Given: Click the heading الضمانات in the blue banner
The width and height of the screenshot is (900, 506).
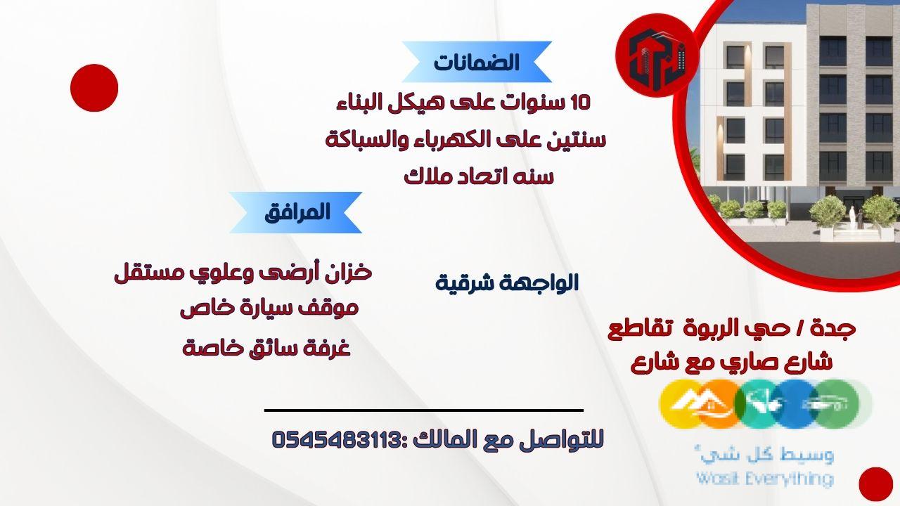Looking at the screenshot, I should pyautogui.click(x=477, y=63).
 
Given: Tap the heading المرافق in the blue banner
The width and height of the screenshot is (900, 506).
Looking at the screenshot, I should pyautogui.click(x=297, y=212).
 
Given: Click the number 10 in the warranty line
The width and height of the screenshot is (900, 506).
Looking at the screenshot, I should pyautogui.click(x=580, y=103).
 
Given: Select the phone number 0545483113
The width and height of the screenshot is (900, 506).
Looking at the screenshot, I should pyautogui.click(x=335, y=441).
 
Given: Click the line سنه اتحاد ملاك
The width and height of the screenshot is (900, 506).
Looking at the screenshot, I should pyautogui.click(x=479, y=176).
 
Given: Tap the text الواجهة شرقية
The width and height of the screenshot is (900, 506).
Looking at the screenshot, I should pyautogui.click(x=507, y=283).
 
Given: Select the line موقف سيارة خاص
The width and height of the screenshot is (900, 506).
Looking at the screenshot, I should pyautogui.click(x=269, y=308).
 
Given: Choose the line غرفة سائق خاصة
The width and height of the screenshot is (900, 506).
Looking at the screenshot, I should pyautogui.click(x=266, y=347).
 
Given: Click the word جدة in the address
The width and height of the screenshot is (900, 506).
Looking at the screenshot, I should pyautogui.click(x=839, y=328).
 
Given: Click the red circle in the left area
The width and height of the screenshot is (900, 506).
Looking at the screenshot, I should pyautogui.click(x=94, y=88).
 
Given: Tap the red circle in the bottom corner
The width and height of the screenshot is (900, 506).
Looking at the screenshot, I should pyautogui.click(x=875, y=484).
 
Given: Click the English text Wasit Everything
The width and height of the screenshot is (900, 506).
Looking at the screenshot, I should pyautogui.click(x=764, y=479).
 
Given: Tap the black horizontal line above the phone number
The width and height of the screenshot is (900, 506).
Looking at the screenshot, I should pyautogui.click(x=424, y=410).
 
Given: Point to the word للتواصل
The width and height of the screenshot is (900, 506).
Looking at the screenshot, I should pyautogui.click(x=571, y=441).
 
